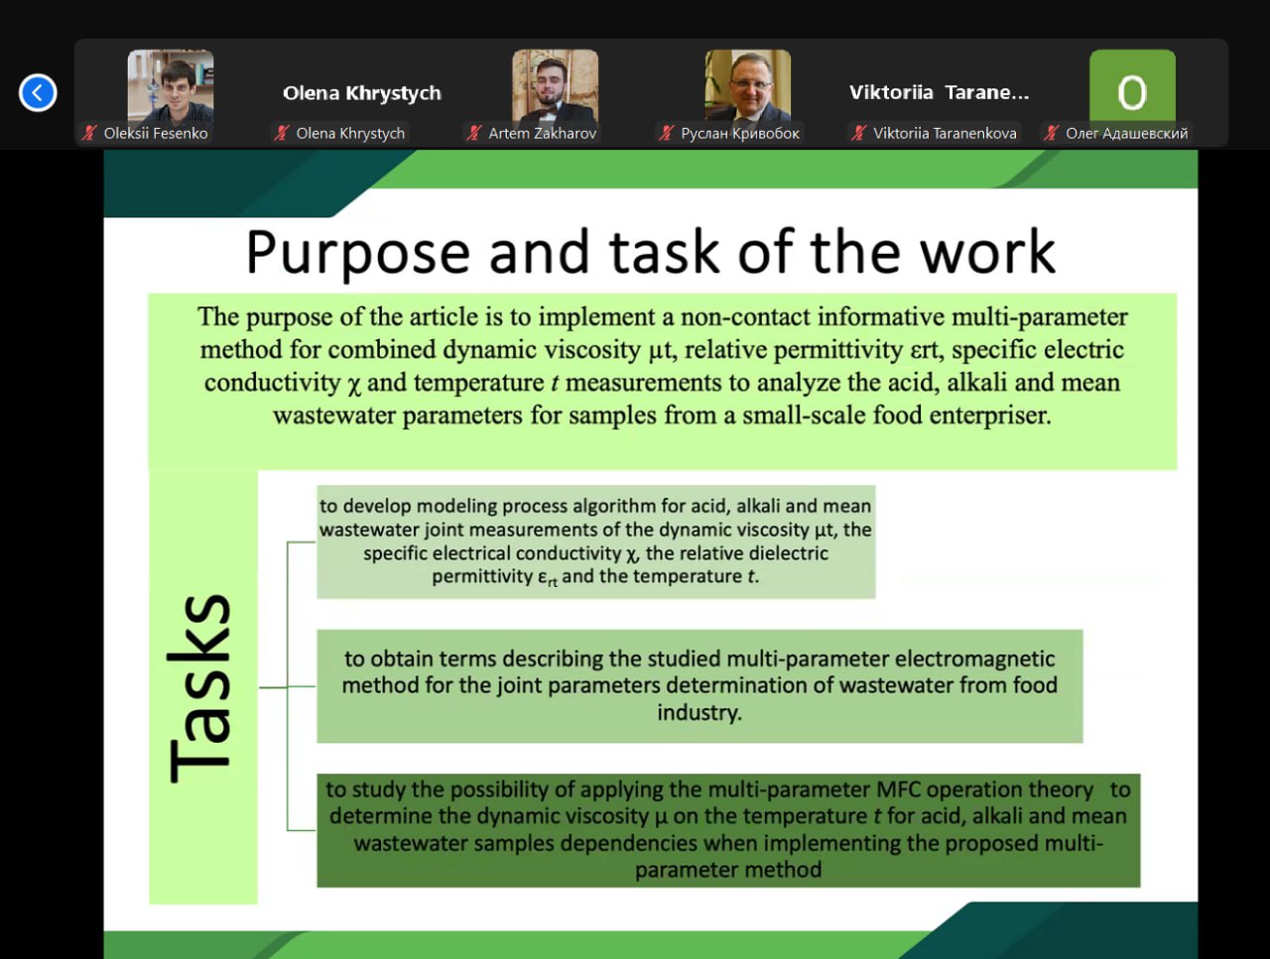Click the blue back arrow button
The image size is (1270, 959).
pos(38,92)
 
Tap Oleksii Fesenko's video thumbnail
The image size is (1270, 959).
pos(171,86)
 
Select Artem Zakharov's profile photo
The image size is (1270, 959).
pos(556,86)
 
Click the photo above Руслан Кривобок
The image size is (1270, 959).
pos(747,86)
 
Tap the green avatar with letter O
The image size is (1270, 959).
pos(1132,86)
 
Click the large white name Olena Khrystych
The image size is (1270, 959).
pos(362,93)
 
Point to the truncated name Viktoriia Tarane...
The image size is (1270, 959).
pos(939,92)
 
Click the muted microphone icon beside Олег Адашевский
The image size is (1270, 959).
pos(1051,134)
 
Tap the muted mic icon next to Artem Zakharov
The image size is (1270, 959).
pos(474,134)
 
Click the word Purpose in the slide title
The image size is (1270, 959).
pos(357,253)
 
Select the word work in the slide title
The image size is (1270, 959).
pos(989,252)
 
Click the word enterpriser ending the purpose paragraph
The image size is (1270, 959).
pos(990,416)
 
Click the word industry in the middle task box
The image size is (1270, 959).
pos(698,713)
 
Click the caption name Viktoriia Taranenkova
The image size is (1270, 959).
pos(945,134)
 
